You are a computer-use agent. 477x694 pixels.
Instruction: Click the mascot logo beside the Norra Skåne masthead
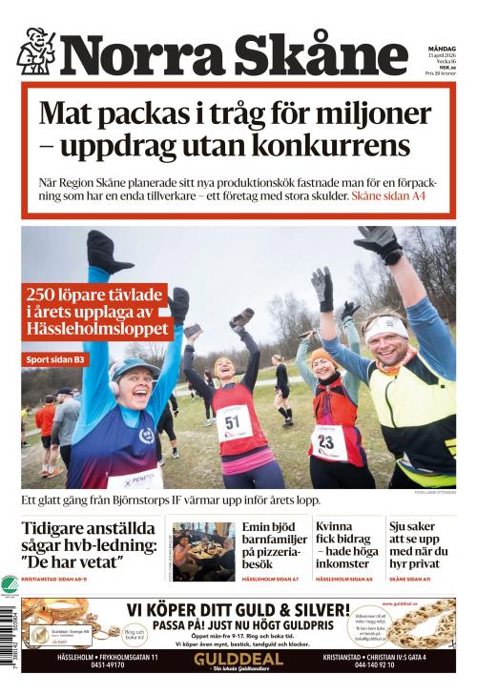35,51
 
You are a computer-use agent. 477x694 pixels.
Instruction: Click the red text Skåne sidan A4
388,195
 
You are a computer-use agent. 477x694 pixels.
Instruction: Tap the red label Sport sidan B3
57,359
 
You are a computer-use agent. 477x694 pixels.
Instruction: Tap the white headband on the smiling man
384,325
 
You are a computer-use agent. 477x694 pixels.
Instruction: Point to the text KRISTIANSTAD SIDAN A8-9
62,581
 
